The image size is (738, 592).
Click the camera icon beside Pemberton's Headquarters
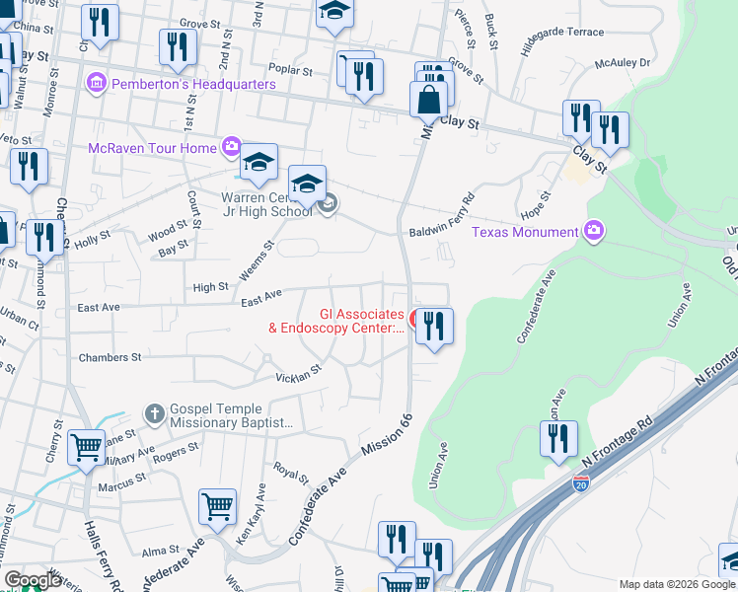(x=97, y=84)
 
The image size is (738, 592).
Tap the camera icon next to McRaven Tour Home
(x=232, y=148)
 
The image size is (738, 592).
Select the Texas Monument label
(x=524, y=232)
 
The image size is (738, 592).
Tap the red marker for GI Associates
(x=414, y=320)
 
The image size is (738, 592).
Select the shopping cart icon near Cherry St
(x=87, y=446)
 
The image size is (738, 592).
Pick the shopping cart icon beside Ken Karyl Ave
(x=217, y=507)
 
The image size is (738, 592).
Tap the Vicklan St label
(x=299, y=375)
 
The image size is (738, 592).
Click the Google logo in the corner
(x=32, y=581)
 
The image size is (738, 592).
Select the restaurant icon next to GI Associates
(x=434, y=326)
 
